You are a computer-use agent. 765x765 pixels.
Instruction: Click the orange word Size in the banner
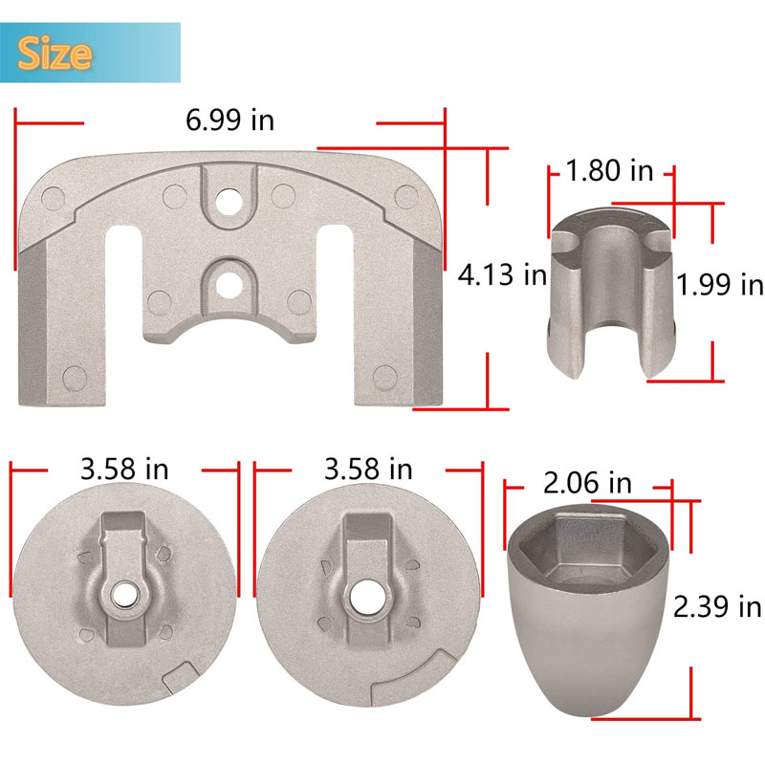tap(55, 54)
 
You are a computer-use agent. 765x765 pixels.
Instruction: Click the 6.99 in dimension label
tap(229, 120)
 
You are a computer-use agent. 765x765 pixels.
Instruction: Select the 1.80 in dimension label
tap(609, 171)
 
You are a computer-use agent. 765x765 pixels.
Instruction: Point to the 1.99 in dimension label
tap(720, 284)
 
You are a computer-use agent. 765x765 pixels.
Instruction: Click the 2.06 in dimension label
tap(587, 483)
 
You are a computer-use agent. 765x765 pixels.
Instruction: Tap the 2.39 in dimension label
tap(717, 607)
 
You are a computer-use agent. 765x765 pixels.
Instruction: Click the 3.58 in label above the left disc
tap(124, 470)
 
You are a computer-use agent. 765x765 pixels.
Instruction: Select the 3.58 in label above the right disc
tap(368, 470)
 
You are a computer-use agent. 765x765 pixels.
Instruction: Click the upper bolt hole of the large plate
tap(229, 201)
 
